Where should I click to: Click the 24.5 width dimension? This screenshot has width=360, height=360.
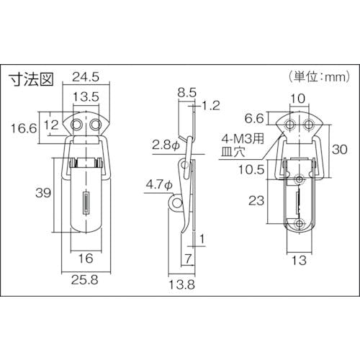tap(86, 77)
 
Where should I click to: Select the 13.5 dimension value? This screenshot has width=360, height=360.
tap(86, 97)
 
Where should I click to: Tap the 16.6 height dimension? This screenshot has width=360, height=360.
tap(24, 128)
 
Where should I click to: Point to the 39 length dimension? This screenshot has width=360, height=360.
tap(43, 192)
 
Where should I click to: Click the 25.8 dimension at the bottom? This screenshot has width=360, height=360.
tap(85, 280)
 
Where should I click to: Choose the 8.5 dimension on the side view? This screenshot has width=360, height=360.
tap(187, 93)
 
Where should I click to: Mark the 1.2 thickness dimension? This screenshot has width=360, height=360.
tap(211, 106)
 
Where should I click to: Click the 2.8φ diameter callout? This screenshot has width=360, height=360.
tap(166, 145)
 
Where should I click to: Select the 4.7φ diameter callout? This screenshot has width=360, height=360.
tap(160, 185)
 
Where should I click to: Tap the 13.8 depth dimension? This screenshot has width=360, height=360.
tap(181, 285)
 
